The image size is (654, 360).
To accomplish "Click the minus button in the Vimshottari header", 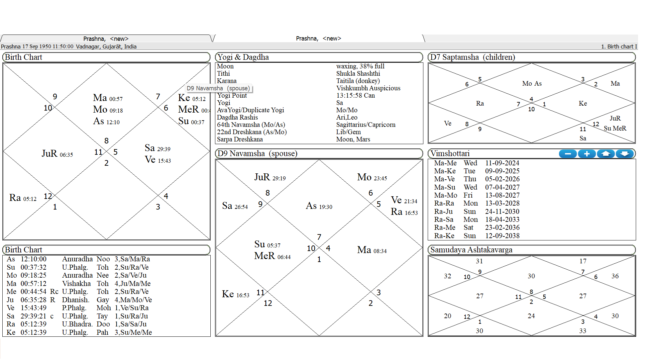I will (x=568, y=154).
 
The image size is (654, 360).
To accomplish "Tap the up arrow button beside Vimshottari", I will (x=606, y=154).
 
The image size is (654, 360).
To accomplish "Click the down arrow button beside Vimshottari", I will (x=625, y=154).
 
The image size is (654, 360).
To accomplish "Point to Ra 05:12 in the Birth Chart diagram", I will (x=23, y=198).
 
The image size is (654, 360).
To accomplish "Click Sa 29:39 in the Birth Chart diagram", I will (x=158, y=148).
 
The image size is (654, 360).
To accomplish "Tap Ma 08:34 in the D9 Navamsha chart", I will (x=372, y=250).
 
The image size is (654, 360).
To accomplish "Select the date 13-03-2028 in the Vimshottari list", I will (x=502, y=203).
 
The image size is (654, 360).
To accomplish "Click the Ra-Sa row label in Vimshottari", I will (x=444, y=220).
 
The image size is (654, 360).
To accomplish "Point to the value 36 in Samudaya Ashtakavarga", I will (x=615, y=276).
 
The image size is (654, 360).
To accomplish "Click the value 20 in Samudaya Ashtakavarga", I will (x=448, y=316).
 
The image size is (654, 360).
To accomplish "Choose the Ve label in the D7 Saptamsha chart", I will (x=448, y=124).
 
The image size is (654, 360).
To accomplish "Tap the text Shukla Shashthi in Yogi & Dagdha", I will (x=358, y=73).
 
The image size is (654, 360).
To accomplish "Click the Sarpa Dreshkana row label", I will (x=240, y=139).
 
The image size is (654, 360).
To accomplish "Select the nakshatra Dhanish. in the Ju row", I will (x=75, y=300).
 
